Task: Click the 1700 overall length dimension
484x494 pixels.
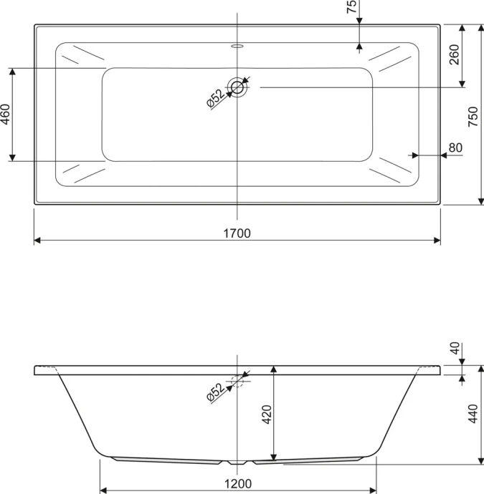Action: (237, 233)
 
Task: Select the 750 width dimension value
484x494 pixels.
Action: (473, 117)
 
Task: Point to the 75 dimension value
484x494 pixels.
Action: (351, 8)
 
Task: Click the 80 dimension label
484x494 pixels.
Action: (455, 147)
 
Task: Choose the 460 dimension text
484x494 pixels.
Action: (5, 115)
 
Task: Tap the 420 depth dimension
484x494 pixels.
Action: (265, 415)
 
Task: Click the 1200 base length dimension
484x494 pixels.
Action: (237, 484)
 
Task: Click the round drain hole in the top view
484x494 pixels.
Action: (237, 87)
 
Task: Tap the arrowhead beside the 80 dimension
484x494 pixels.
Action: (412, 154)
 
